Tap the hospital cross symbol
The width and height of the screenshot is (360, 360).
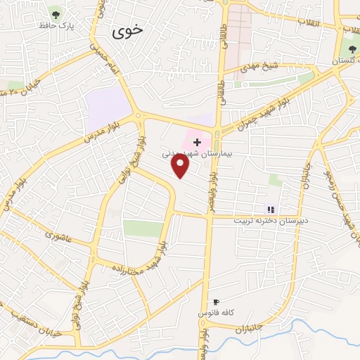click(x=197, y=143)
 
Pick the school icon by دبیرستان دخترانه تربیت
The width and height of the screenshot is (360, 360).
click(x=270, y=209)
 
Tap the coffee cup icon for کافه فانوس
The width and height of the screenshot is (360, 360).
click(x=206, y=302)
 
